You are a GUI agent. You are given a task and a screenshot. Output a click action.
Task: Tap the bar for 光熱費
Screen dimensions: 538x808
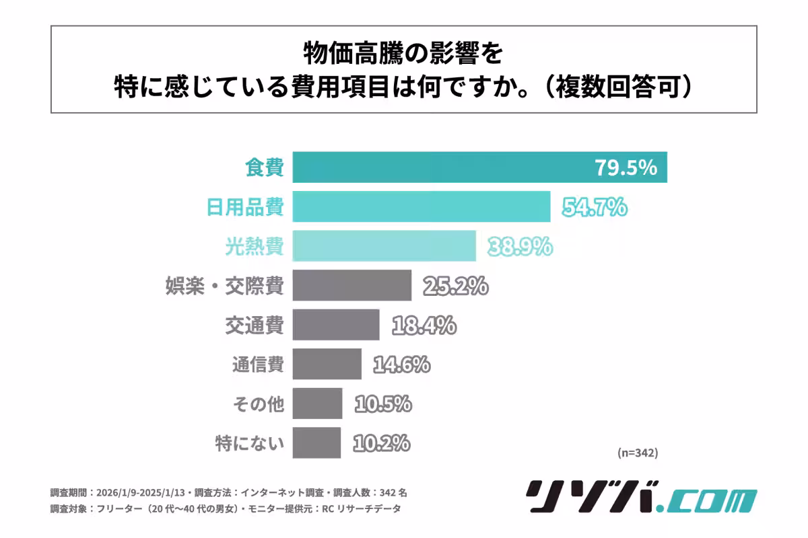(384, 246)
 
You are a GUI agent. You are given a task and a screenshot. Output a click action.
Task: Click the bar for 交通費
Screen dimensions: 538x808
(336, 325)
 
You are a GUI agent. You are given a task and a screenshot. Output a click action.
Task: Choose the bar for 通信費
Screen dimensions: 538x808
(327, 364)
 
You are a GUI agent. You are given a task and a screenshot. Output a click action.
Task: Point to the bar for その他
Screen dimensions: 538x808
(317, 403)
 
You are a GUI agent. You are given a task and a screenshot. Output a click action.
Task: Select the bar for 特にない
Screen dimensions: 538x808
(316, 443)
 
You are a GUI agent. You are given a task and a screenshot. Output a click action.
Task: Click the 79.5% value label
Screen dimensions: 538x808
(625, 167)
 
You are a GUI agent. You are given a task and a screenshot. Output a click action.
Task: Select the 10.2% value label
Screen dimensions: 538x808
(380, 443)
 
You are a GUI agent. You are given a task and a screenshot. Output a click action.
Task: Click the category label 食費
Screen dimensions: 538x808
(263, 167)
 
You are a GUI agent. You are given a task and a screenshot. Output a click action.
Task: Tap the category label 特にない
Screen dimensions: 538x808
(250, 443)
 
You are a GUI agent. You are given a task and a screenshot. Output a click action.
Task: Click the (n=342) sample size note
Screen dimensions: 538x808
(637, 453)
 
